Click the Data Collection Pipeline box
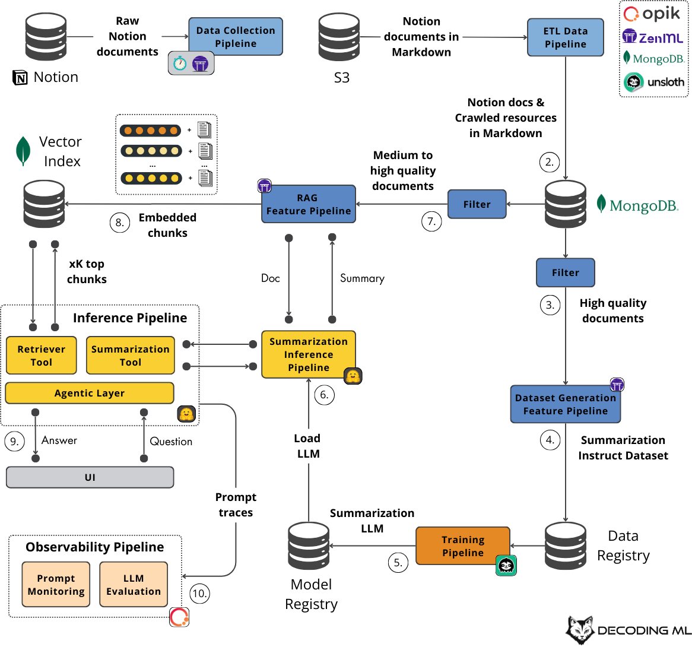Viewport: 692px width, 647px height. pos(236,37)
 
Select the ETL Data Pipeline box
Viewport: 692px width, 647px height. pos(565,37)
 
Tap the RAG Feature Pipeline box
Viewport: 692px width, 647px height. pos(309,204)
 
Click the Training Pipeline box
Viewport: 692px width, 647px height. pos(463,546)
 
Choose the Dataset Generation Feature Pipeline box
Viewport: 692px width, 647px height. pos(566,404)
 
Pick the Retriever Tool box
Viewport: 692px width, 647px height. pos(42,356)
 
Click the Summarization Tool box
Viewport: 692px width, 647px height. pos(131,356)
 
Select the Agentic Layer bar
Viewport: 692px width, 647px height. pos(90,393)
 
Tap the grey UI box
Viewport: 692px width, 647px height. pos(90,477)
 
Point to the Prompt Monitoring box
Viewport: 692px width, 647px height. pos(56,585)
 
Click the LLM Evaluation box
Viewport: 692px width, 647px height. pos(134,585)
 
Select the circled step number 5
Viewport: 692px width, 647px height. pos(398,562)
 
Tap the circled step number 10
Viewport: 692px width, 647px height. pos(200,593)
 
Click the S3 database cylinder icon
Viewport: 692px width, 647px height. pos(339,37)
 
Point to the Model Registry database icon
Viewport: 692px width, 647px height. pos(309,546)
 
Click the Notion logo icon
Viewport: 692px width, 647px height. pos(20,78)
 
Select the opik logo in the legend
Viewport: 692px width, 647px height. pos(653,14)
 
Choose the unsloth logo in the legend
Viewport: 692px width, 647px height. pos(654,82)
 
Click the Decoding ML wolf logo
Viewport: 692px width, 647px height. pos(580,630)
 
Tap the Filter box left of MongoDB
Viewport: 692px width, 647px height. pos(477,204)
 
